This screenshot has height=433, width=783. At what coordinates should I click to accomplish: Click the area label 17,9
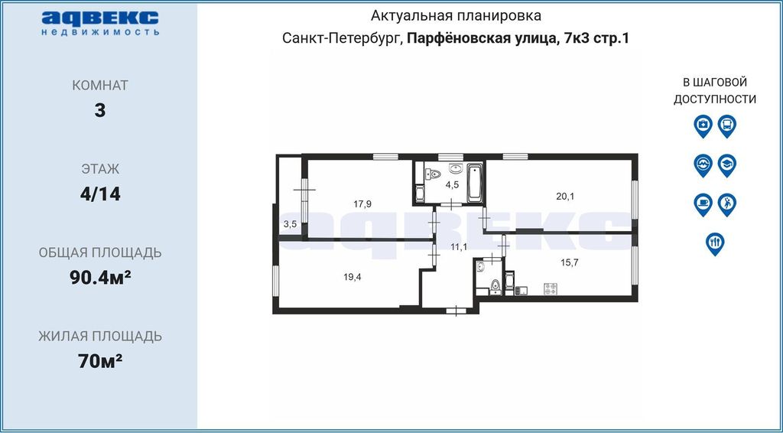tap(362, 203)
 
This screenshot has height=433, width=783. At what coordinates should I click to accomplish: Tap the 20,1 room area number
tap(565, 197)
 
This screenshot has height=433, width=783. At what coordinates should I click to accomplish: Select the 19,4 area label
tap(352, 278)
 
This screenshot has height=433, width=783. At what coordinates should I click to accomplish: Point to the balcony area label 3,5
tap(290, 224)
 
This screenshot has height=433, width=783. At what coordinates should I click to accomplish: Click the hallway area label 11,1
tap(458, 246)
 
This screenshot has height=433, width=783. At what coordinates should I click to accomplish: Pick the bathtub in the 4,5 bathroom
tap(475, 184)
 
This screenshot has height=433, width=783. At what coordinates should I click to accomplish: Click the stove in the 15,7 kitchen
tap(551, 288)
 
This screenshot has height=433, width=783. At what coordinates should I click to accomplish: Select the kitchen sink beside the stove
tap(522, 289)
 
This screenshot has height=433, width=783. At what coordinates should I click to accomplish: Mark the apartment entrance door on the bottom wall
tap(456, 311)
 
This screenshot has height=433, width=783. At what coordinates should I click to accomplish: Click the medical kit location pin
tap(703, 126)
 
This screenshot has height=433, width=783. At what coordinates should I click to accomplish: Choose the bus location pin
tap(727, 126)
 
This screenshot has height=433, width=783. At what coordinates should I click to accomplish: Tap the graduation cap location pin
tap(727, 164)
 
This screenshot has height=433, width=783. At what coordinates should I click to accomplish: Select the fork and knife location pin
tap(715, 244)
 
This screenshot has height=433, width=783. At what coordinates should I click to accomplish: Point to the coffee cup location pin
tap(703, 204)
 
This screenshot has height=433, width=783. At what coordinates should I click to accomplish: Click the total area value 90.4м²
tap(100, 277)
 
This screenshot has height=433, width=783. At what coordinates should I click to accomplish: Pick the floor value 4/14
tap(100, 194)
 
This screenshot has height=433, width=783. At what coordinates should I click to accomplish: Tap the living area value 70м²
tap(100, 360)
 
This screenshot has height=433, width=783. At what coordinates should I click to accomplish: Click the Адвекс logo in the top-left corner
tap(100, 23)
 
